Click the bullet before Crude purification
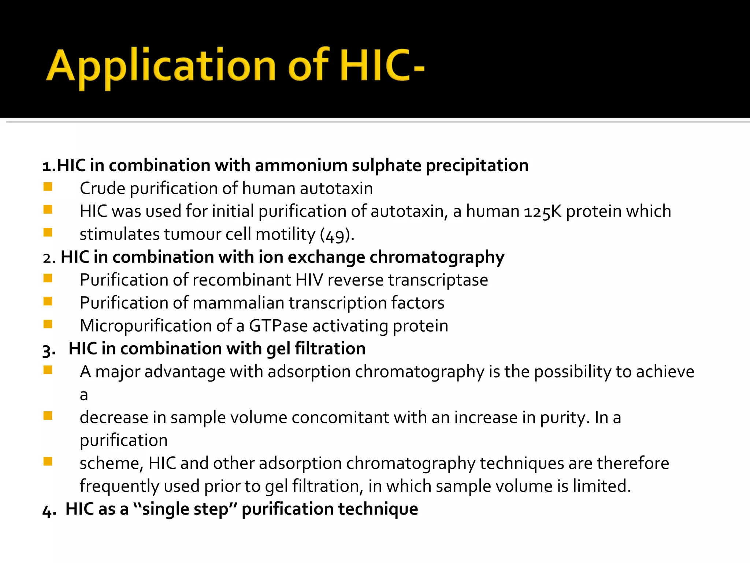48,187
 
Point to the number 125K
542,211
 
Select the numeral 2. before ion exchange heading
49,258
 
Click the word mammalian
238,303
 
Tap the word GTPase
278,326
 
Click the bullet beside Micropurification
48,324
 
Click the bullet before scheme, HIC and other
48,461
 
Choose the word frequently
119,486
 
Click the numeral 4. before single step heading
49,510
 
